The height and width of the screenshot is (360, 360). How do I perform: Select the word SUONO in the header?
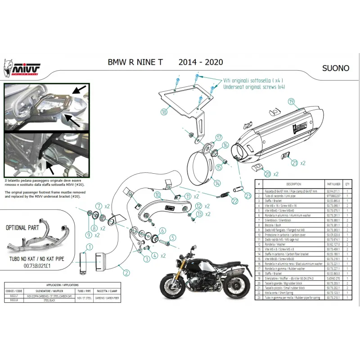(336, 68)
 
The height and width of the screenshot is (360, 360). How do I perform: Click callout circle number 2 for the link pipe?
(127, 272)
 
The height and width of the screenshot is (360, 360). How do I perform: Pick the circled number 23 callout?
(247, 196)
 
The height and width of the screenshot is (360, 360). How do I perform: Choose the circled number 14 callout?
(217, 183)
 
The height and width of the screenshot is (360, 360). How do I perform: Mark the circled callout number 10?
(157, 195)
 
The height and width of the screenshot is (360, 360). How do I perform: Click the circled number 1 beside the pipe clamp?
(90, 246)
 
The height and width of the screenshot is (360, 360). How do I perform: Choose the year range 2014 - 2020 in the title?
(200, 62)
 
